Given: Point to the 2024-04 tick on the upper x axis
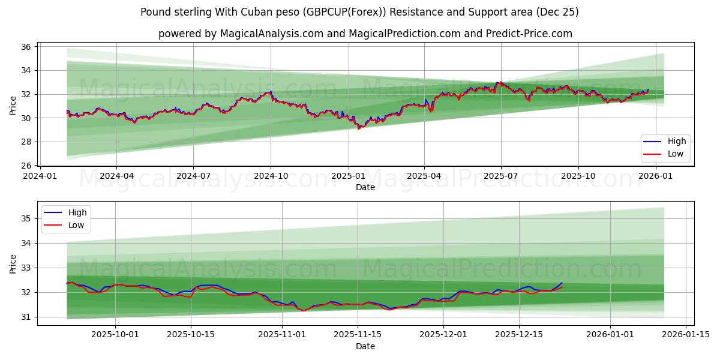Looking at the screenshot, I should tap(116, 176).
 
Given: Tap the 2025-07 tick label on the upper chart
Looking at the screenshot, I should tap(501, 176).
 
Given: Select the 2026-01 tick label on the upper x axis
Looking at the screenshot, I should tap(656, 176).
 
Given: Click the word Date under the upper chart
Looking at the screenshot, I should tap(365, 187).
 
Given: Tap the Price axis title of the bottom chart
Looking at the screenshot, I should tap(13, 263).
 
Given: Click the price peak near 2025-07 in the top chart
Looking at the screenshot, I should tap(499, 82).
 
